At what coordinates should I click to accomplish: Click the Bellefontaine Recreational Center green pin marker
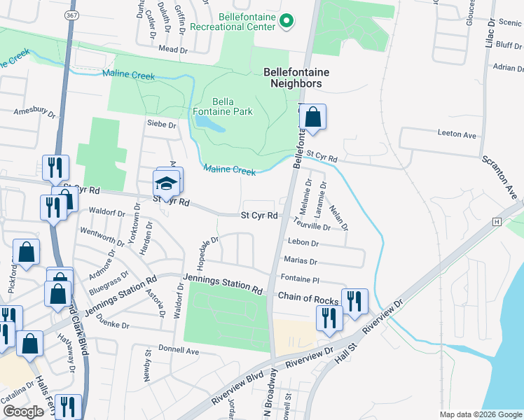coord(286,22)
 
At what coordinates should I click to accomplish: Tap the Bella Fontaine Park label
coord(222,106)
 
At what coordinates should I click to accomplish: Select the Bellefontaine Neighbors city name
coord(296,78)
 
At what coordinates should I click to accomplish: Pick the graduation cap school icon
coord(165,185)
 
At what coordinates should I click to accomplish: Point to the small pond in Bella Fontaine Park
coord(209,125)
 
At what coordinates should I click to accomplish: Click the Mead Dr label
coord(174,49)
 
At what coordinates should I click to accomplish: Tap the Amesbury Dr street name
coord(34,111)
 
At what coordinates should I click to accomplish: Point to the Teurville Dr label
coord(312,227)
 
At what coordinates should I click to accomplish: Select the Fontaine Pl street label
coord(300,279)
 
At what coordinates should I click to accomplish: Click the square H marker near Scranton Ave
coord(497,221)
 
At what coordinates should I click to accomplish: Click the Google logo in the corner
coord(23,412)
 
